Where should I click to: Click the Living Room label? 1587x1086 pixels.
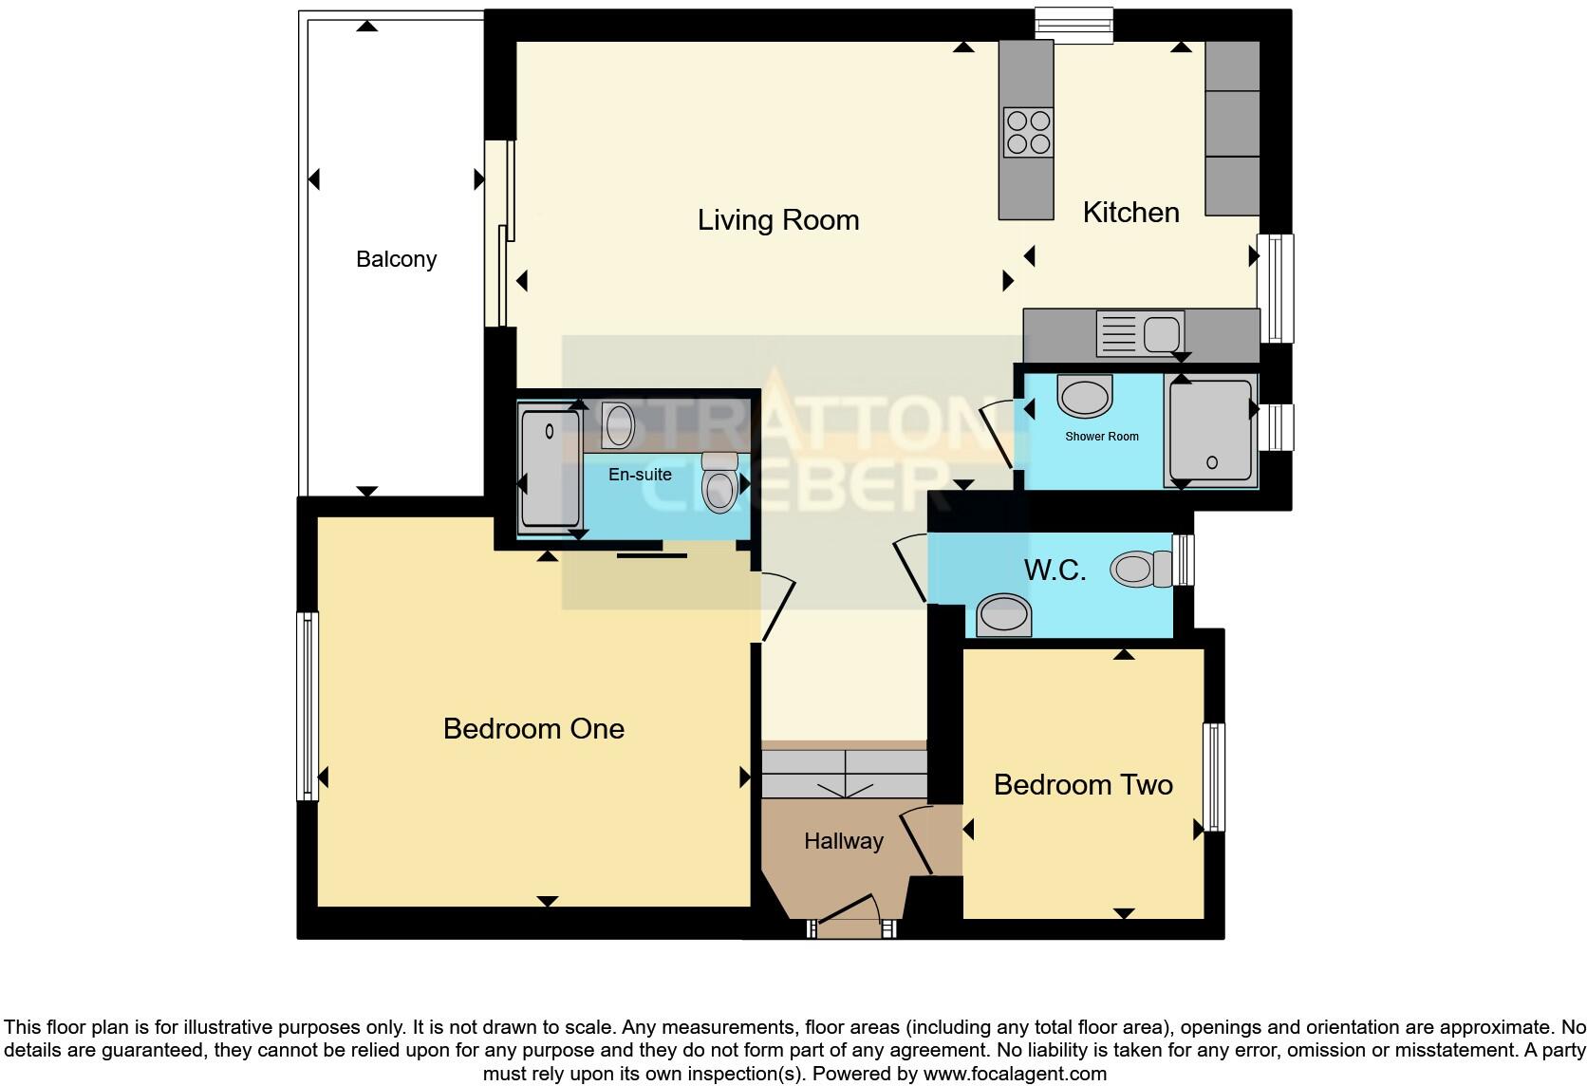pyautogui.click(x=778, y=220)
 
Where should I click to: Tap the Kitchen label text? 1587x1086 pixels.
pyautogui.click(x=1130, y=213)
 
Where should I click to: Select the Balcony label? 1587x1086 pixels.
pyautogui.click(x=396, y=259)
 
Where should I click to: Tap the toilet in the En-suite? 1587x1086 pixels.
pyautogui.click(x=719, y=481)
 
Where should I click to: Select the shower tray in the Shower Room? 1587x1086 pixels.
pyautogui.click(x=1210, y=429)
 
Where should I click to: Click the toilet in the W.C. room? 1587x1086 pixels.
pyautogui.click(x=1143, y=570)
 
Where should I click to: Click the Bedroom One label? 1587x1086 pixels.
pyautogui.click(x=533, y=729)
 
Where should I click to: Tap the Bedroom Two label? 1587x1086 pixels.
pyautogui.click(x=1083, y=785)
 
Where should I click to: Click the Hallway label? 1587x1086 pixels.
pyautogui.click(x=843, y=841)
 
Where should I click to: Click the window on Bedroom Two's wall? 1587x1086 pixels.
pyautogui.click(x=1214, y=777)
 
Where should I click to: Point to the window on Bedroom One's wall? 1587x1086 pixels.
pyautogui.click(x=307, y=705)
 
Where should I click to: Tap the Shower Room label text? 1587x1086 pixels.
pyautogui.click(x=1101, y=437)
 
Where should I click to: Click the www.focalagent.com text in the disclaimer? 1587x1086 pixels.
pyautogui.click(x=1015, y=1074)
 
